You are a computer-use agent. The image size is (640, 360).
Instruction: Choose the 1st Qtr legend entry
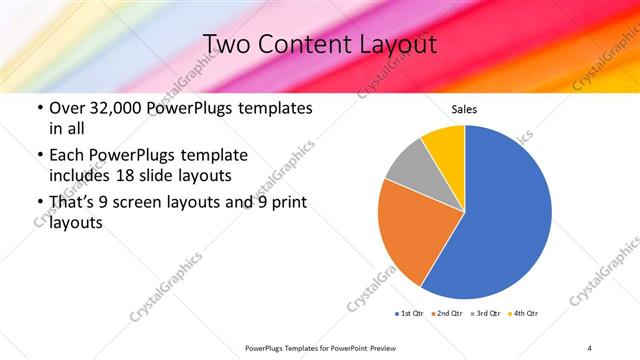(409, 314)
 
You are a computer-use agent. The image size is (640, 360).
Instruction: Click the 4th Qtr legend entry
(525, 314)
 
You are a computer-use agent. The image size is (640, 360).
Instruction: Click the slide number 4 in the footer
(590, 347)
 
